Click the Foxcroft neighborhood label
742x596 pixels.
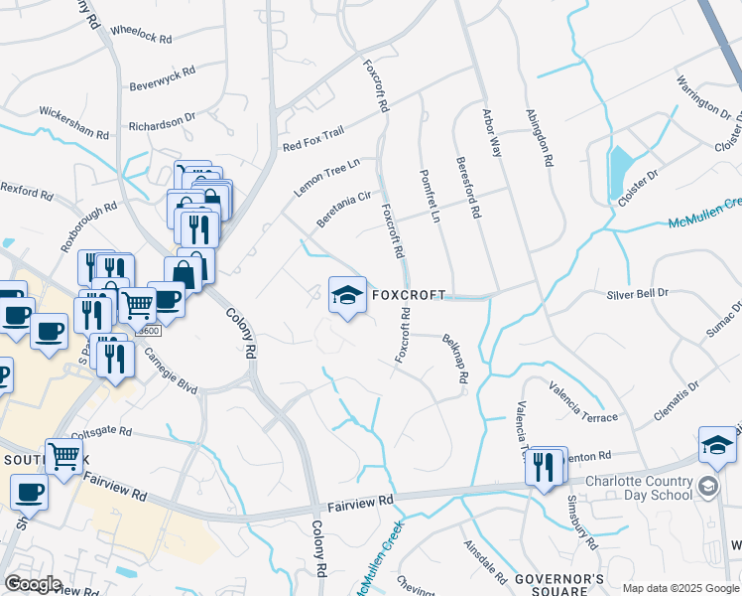(408, 295)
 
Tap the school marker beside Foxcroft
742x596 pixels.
(347, 296)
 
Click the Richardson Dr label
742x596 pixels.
(163, 122)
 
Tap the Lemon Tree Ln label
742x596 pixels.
(326, 175)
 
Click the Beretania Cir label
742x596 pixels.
(343, 210)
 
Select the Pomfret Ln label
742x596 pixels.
(430, 196)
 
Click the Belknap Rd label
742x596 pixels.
(454, 358)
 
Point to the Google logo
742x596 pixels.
(33, 584)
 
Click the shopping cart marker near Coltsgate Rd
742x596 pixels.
(63, 458)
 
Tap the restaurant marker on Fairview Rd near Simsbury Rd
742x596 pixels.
(544, 467)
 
